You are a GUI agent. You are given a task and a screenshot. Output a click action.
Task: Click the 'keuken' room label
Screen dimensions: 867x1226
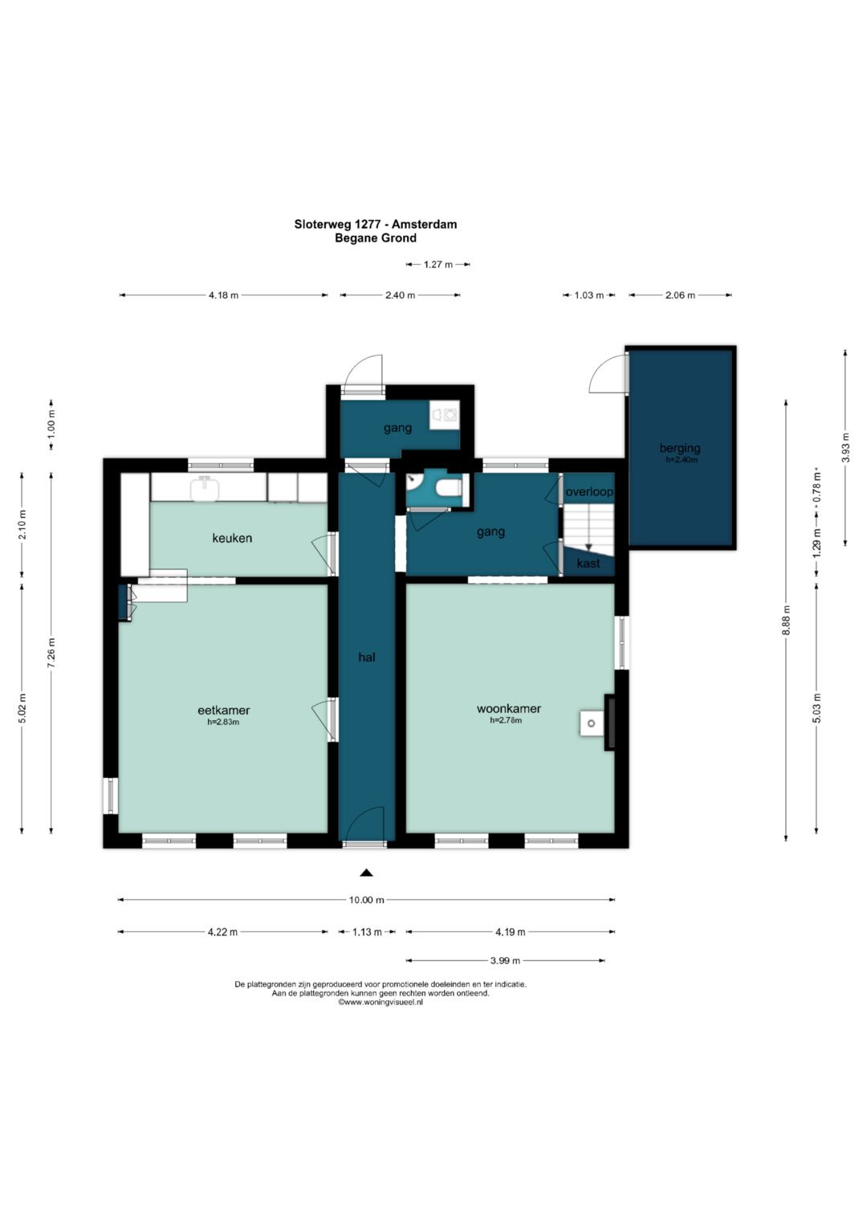coord(232,538)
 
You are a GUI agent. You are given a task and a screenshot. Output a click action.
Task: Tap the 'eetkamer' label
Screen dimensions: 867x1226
coord(223,710)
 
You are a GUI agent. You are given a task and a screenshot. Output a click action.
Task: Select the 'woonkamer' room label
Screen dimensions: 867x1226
coord(508,708)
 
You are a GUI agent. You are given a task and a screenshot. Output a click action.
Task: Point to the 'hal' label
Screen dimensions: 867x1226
coord(367,657)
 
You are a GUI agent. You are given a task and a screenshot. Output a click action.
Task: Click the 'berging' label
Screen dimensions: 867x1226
coord(680,448)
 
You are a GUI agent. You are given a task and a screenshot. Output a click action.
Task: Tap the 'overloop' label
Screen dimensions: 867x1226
coord(589,491)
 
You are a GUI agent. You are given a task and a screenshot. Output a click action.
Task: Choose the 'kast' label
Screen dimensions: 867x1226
coord(588,563)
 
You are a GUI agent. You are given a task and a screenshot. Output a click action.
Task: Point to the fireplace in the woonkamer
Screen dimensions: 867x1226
coord(609,723)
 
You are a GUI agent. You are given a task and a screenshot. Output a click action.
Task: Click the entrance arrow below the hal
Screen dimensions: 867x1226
coord(367,873)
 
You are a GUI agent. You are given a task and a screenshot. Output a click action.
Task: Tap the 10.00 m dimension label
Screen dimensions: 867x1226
coord(366,899)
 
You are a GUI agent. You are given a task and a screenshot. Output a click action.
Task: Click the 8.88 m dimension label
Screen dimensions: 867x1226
coord(787,620)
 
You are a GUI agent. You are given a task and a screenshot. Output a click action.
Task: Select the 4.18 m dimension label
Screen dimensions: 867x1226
coord(223,295)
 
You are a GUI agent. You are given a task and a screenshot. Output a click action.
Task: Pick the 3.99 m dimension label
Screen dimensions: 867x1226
coord(505,960)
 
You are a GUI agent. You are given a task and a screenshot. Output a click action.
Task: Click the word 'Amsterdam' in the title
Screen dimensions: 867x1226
coord(424,224)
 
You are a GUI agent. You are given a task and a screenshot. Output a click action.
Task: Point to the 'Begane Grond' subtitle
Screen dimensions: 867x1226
coord(376,238)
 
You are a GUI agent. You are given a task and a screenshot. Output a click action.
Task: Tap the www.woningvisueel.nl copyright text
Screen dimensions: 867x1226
coord(381,1003)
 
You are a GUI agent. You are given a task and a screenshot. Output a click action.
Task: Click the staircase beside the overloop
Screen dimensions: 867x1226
coord(588,528)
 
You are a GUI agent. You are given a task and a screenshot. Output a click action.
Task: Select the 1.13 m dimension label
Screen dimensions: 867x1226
coord(367,931)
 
